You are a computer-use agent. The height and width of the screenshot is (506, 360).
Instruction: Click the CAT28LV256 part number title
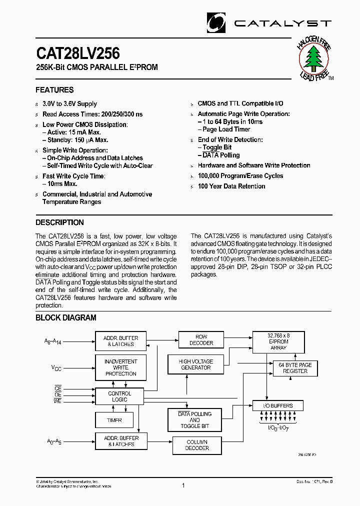click(x=77, y=53)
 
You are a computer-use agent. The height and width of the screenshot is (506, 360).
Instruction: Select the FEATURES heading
click(x=54, y=90)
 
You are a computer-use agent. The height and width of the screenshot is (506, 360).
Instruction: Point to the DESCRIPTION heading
click(x=59, y=222)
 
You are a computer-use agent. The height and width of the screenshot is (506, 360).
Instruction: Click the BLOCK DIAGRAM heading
click(x=65, y=317)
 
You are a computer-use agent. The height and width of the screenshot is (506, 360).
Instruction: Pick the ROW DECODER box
click(x=201, y=340)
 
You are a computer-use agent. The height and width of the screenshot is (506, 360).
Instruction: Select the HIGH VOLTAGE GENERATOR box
click(x=195, y=364)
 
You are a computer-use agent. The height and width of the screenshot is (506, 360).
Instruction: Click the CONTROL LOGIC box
click(x=119, y=396)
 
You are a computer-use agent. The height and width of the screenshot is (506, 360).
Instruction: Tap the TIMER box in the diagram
click(x=114, y=420)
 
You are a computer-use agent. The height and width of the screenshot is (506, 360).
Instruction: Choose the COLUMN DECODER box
click(x=197, y=445)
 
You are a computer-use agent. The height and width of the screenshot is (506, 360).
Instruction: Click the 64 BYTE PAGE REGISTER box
click(x=295, y=368)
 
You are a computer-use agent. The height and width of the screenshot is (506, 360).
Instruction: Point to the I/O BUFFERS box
click(x=278, y=405)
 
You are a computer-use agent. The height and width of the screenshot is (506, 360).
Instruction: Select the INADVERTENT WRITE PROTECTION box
click(x=120, y=367)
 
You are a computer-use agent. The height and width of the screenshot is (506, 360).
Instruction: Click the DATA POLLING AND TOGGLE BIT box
click(x=194, y=420)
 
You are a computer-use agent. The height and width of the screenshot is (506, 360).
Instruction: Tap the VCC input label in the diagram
click(x=56, y=367)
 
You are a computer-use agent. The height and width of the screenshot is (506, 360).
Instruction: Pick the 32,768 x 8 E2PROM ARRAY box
click(x=278, y=341)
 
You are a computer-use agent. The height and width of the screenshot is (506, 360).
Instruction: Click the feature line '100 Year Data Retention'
click(x=231, y=186)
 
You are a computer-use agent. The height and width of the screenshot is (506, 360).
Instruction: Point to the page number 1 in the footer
click(x=183, y=485)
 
